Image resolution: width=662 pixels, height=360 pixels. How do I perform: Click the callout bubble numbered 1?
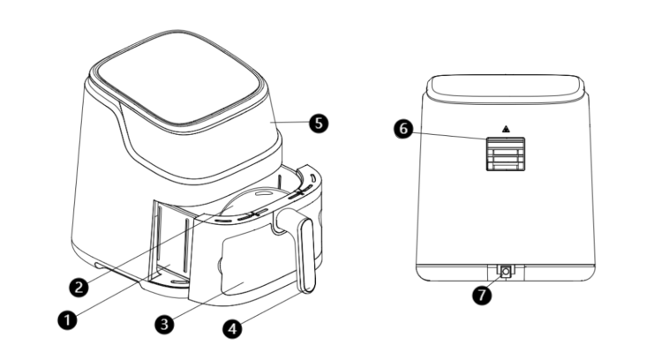(x=67, y=319)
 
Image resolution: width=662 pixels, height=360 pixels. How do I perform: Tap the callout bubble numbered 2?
(x=79, y=288)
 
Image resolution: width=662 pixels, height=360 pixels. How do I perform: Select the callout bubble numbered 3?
(x=164, y=324)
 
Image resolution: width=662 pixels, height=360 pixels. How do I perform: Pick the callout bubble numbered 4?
(x=232, y=328)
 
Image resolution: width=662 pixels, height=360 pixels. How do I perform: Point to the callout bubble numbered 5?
(x=319, y=124)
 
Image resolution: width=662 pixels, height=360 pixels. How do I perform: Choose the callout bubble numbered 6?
(x=403, y=128)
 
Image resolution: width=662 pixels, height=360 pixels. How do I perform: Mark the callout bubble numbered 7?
(x=482, y=294)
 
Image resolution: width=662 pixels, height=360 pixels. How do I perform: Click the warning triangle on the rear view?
(x=506, y=129)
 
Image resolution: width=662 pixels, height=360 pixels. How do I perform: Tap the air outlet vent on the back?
(x=506, y=154)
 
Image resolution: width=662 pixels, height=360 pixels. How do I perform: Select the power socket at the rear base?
(x=506, y=272)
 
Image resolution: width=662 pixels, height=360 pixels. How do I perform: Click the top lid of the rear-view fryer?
(x=506, y=88)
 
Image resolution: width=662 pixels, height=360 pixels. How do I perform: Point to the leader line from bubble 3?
(x=208, y=301)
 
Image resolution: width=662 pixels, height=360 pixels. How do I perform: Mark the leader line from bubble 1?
(x=124, y=289)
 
